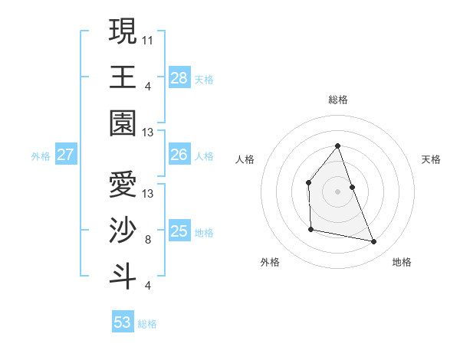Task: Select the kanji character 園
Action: [123, 123]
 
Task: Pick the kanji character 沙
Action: [123, 231]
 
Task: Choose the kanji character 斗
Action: [123, 277]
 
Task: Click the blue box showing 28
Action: [179, 78]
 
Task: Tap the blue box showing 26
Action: [179, 155]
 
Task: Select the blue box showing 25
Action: [179, 231]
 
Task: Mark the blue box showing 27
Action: [65, 155]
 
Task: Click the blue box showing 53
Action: [123, 322]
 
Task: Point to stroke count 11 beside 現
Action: [148, 39]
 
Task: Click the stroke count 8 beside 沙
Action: [148, 240]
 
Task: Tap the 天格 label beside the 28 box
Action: [204, 80]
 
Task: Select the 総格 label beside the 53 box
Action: [147, 324]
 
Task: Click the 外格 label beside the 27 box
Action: [41, 156]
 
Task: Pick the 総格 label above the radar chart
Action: [337, 100]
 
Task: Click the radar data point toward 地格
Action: [374, 242]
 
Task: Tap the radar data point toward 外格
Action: [310, 229]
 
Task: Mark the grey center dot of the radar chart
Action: [337, 191]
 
